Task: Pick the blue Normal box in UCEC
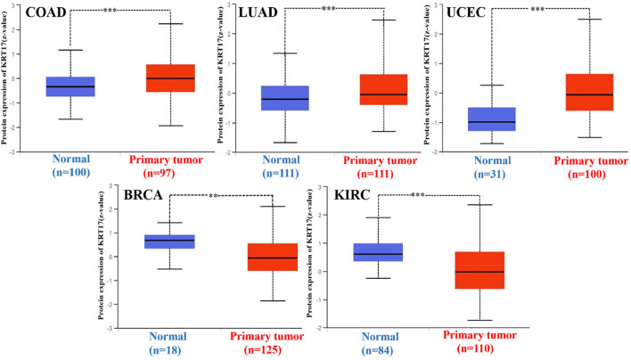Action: pos(492,119)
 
